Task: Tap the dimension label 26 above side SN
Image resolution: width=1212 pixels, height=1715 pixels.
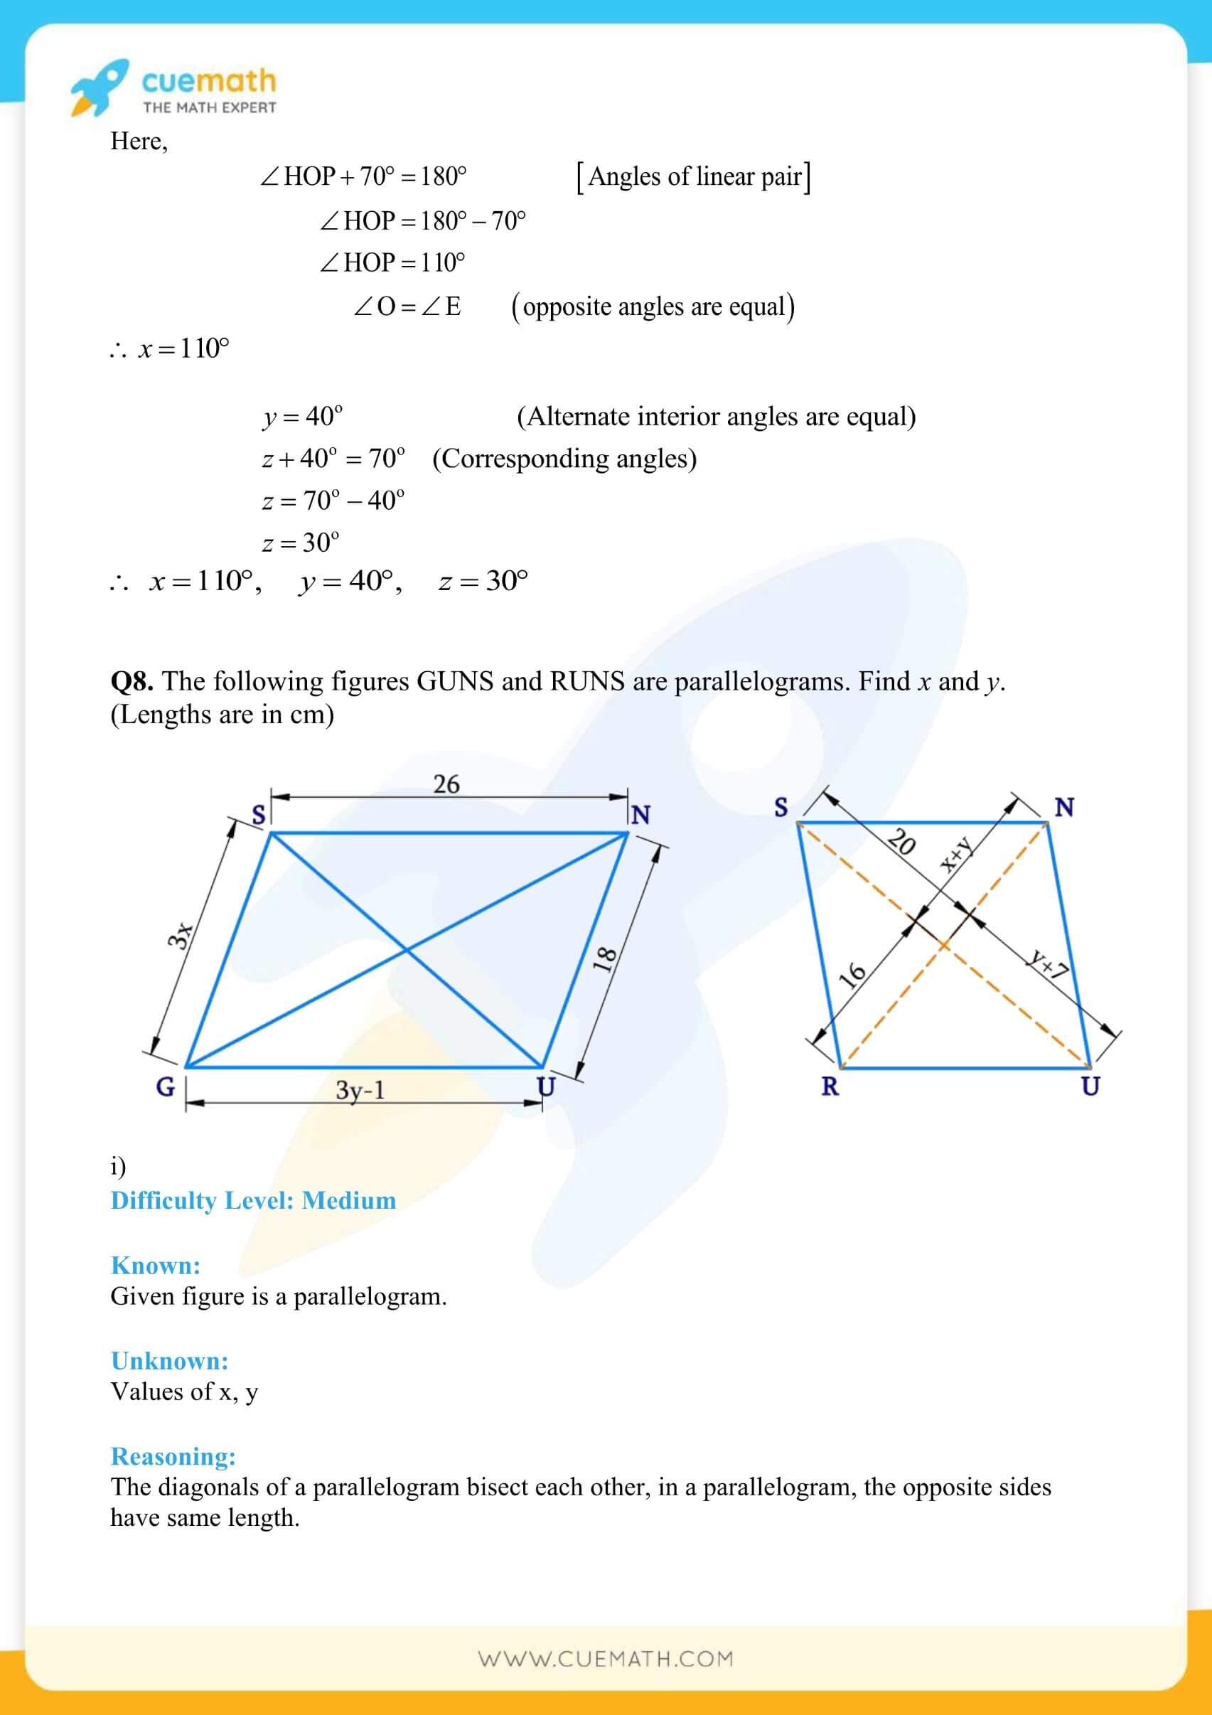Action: coord(446,784)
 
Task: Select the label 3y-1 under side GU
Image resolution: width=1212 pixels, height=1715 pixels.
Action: coord(360,1090)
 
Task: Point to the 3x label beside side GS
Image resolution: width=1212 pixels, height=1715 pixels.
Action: coord(180,935)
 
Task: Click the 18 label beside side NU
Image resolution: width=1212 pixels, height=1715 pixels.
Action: coord(605,958)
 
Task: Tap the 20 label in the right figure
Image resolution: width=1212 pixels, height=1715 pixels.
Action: coord(902,842)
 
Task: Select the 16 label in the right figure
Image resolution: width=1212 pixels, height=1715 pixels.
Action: coord(852,974)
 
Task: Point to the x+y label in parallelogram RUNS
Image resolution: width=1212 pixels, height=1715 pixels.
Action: coord(957,855)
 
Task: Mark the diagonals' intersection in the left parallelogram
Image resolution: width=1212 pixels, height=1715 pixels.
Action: coord(406,950)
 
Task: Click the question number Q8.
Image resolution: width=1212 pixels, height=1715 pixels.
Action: coord(132,681)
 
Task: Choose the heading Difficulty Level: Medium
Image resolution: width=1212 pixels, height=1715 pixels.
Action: coord(253,1200)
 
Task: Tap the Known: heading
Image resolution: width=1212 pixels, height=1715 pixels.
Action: coord(156,1266)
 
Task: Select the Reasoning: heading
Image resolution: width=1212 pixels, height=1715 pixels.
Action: coord(173,1455)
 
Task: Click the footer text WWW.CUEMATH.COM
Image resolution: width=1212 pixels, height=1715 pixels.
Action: coord(606,1659)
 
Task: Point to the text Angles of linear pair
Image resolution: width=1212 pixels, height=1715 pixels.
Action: coord(695,177)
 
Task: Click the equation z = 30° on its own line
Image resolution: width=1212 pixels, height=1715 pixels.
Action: coord(300,543)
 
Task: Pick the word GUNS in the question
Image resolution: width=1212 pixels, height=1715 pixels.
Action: coord(455,681)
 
